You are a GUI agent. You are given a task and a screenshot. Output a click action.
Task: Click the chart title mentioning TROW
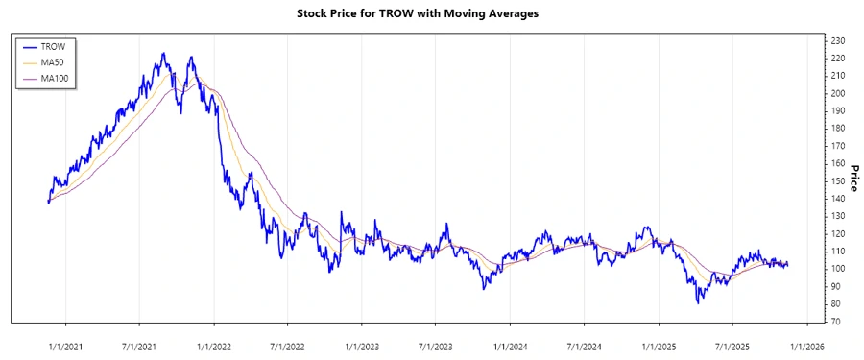(x=431, y=14)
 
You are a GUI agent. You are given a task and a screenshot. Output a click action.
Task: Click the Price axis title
(x=852, y=180)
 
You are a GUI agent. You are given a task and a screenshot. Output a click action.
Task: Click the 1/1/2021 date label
(x=64, y=343)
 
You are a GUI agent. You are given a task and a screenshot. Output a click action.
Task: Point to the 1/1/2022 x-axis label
(x=214, y=343)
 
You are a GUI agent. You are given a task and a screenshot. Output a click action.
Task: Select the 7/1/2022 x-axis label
(x=288, y=343)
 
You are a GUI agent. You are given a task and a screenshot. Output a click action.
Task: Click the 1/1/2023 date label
(x=362, y=343)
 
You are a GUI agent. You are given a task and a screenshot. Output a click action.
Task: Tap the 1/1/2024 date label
(x=510, y=343)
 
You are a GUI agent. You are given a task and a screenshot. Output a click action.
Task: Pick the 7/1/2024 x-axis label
(x=585, y=343)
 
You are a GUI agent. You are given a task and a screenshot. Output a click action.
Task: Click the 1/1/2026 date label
(x=806, y=343)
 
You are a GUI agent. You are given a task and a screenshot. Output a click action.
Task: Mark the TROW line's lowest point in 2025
(x=699, y=303)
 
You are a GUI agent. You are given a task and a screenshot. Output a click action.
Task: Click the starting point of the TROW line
(x=48, y=202)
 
